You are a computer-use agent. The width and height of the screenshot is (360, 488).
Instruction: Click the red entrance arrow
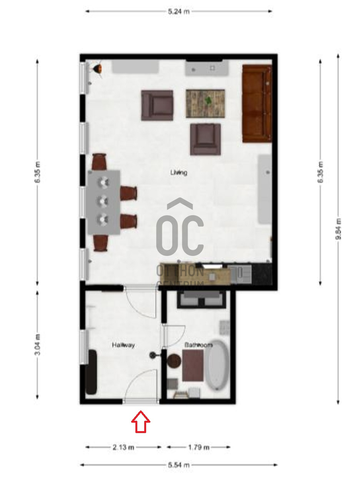(141, 422)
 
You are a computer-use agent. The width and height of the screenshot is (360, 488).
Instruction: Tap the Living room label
(179, 173)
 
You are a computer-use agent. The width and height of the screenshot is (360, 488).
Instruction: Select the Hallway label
(123, 345)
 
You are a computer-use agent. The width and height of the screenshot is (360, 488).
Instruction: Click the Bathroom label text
(198, 345)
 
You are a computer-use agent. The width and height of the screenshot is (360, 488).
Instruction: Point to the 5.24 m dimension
(179, 12)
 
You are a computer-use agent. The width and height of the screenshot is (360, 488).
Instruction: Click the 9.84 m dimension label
(338, 229)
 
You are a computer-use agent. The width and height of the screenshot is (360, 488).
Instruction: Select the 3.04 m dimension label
(37, 345)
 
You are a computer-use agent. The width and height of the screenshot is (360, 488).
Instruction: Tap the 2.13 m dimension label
(123, 447)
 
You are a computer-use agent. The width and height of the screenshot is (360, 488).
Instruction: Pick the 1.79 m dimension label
(198, 447)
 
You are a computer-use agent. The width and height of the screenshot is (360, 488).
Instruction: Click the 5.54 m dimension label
(179, 465)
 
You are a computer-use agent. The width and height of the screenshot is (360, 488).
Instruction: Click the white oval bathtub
(218, 365)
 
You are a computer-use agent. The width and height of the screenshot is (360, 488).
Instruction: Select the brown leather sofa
(257, 103)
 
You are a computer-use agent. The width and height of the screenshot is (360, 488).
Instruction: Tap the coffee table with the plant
(205, 103)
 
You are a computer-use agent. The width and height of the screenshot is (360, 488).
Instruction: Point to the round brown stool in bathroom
(174, 361)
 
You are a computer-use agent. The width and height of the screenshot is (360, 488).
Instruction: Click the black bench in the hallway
(91, 372)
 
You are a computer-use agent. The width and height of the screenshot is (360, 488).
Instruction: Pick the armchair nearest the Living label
(205, 139)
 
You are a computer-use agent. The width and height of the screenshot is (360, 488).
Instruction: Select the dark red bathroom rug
(193, 365)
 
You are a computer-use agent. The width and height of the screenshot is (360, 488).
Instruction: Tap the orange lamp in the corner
(97, 69)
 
